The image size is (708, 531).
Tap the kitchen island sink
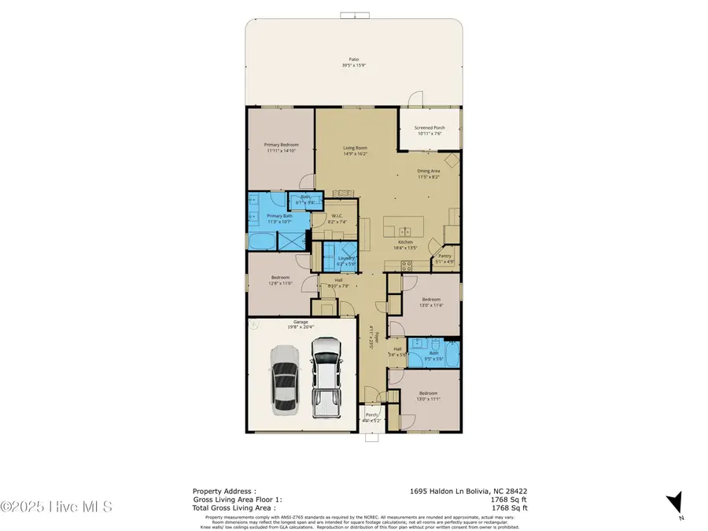click(x=404, y=230)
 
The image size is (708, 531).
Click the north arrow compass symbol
click(x=673, y=503)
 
